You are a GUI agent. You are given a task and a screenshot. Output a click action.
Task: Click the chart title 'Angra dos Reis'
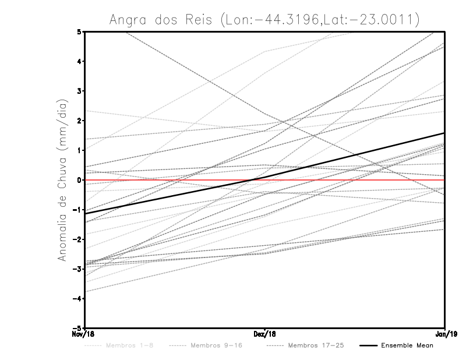point(264,19)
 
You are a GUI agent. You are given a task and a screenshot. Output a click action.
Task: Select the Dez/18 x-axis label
point(265,334)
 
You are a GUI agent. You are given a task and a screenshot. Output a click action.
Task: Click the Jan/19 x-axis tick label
point(444,334)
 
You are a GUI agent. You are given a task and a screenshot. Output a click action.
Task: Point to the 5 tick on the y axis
point(79,31)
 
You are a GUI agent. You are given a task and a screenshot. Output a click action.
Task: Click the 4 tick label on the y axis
point(79,61)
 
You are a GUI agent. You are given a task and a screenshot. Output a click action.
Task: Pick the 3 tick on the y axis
point(79,91)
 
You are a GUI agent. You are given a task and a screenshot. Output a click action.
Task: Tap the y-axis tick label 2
point(79,121)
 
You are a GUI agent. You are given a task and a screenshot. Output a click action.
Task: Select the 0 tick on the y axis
point(79,180)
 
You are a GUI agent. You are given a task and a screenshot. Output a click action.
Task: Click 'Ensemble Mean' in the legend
point(407,345)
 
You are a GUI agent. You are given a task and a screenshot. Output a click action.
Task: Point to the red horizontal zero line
point(175,180)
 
